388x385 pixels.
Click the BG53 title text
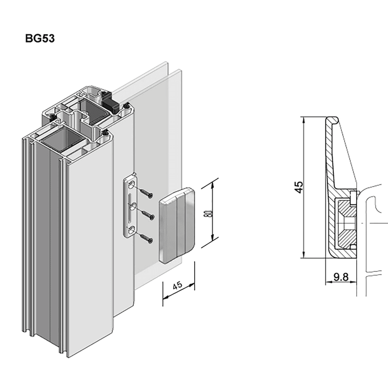click(40, 38)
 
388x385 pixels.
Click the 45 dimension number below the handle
click(177, 285)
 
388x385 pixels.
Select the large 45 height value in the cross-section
click(299, 187)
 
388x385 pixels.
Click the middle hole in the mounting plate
click(130, 207)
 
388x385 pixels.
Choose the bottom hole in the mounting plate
click(131, 230)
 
